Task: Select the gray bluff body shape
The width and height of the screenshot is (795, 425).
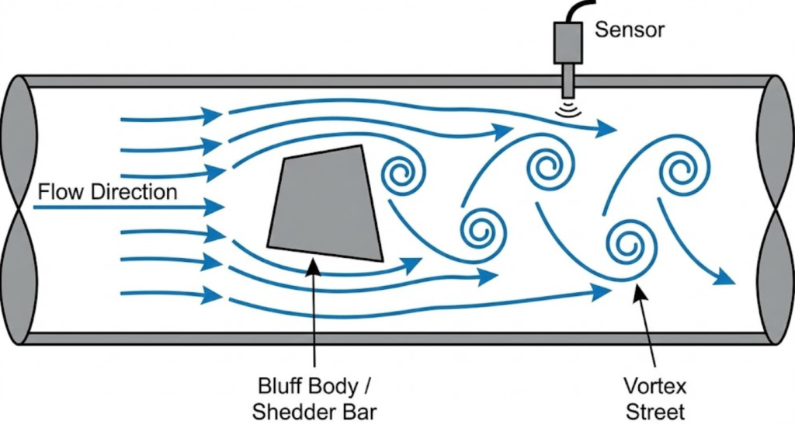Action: pyautogui.click(x=326, y=204)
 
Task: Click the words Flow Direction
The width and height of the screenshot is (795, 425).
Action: pyautogui.click(x=107, y=191)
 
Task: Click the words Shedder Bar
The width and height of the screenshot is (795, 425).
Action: pyautogui.click(x=314, y=409)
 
